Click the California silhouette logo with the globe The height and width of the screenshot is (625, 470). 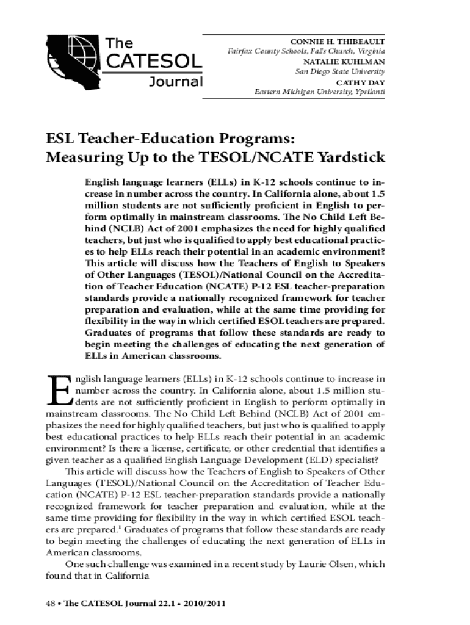74,62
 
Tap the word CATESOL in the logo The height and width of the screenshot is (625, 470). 154,62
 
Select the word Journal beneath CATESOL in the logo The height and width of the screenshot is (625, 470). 176,81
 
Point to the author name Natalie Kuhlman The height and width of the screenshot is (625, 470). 344,62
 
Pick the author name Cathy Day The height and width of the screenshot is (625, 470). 360,82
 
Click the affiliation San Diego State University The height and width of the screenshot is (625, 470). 340,71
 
